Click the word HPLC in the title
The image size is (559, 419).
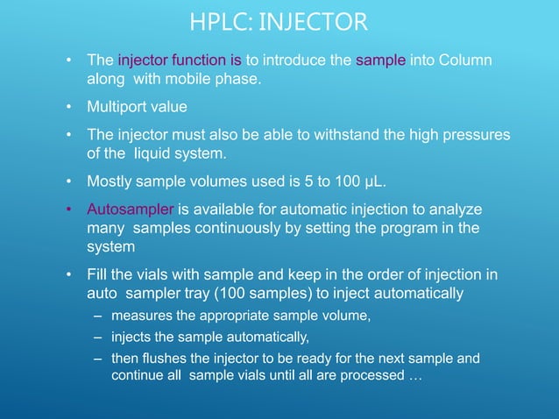pos(217,19)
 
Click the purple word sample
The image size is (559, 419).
pos(380,61)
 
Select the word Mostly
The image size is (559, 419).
pos(110,183)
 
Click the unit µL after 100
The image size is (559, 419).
pos(371,183)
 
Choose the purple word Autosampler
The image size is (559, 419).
pos(131,211)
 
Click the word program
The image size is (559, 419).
pos(402,230)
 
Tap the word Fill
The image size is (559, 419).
pos(98,276)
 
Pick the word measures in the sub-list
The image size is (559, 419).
pos(141,317)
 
